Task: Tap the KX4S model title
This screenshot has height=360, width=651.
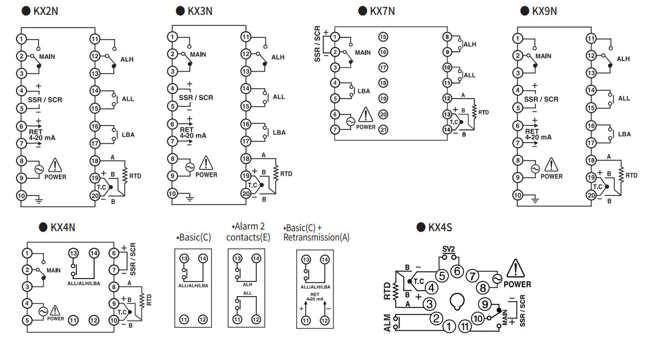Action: coord(440,227)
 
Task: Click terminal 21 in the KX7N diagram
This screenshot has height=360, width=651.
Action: coord(384,130)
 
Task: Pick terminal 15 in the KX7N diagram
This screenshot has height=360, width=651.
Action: coord(384,37)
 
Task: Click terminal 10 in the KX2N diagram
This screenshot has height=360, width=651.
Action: coord(21,195)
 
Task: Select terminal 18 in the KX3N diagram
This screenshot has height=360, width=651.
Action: coord(245,159)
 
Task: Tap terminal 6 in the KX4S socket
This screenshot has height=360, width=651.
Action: coord(456,271)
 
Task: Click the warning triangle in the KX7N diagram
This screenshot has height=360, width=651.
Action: coord(366,115)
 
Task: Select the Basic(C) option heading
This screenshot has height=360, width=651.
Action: coord(194,238)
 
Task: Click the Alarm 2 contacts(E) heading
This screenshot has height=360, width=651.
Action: coord(246,232)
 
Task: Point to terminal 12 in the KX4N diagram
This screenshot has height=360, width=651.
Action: coord(94,320)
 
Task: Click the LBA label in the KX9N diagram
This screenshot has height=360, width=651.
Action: coord(624,134)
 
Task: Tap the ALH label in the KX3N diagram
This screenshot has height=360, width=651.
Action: coord(278,57)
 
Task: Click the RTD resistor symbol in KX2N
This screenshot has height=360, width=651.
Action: coord(125,174)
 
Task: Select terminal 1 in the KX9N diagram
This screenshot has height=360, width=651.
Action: coord(517,39)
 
